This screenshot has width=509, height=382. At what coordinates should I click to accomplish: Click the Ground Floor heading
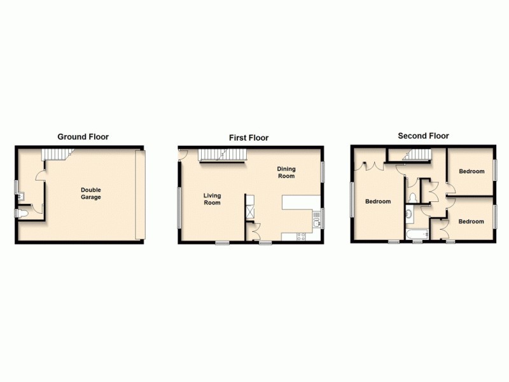tap(83, 136)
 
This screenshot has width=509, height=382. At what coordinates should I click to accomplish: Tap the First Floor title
tap(249, 138)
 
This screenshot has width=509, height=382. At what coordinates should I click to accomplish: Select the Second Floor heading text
tap(423, 136)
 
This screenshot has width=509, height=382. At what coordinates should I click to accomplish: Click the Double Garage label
tap(90, 193)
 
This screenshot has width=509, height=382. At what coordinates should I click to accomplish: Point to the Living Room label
tap(212, 199)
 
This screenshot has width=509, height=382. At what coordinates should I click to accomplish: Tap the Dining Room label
tap(286, 173)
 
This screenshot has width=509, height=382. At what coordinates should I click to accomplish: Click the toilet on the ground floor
tap(23, 213)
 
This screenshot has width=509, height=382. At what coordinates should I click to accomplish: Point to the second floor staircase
tap(417, 155)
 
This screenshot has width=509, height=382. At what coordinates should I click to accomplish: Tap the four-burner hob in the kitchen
tap(302, 237)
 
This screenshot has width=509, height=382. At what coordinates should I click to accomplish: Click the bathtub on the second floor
tap(417, 236)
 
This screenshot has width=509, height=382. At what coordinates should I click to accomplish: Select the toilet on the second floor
tap(413, 197)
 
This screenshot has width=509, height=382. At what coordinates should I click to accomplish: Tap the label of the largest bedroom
tap(378, 201)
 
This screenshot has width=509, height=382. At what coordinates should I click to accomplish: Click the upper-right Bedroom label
tap(471, 171)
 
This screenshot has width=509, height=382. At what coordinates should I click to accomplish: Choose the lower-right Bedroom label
tap(471, 222)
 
